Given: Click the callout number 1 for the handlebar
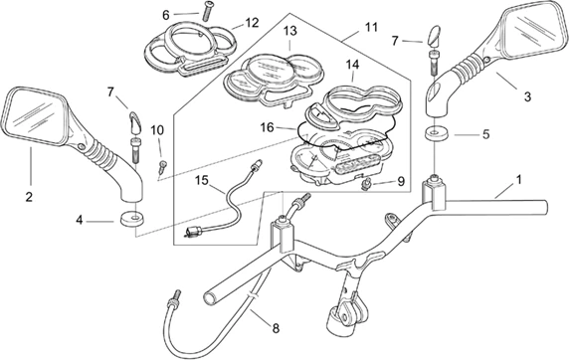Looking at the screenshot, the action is click(x=519, y=180).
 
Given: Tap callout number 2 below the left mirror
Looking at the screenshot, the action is click(x=29, y=197).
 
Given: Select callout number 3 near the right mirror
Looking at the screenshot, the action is click(x=527, y=96).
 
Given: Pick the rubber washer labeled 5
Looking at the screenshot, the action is click(x=436, y=133).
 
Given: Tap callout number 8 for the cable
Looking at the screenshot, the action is click(x=276, y=329).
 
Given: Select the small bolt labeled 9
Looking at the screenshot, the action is click(x=366, y=184).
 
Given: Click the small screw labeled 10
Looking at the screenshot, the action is click(x=163, y=166).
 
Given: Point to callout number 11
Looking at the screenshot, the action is click(x=371, y=27).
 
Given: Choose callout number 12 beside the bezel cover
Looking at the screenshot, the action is click(x=252, y=23).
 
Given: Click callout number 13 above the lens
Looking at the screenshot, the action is click(x=289, y=31).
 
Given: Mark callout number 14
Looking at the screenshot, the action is click(x=352, y=65).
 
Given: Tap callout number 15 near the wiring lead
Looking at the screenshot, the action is click(x=202, y=180).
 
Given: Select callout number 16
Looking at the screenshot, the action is click(x=267, y=127).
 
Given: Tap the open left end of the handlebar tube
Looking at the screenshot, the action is click(x=210, y=298).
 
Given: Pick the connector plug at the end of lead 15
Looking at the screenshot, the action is click(x=193, y=232).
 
